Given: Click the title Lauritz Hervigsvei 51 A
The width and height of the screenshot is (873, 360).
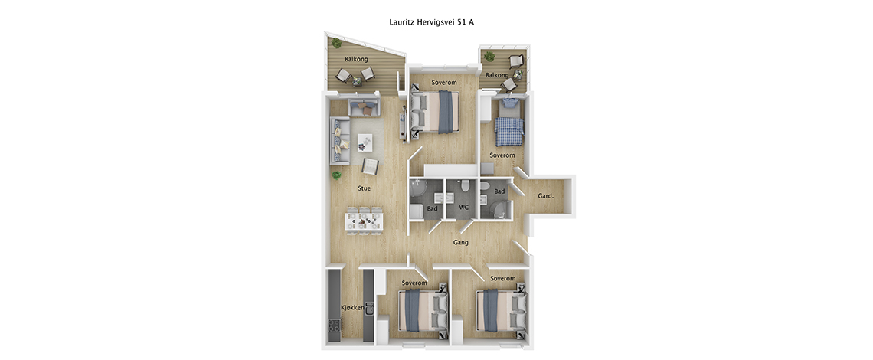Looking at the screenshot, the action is click(x=431, y=22).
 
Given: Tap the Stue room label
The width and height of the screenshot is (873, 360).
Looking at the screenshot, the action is click(x=365, y=188).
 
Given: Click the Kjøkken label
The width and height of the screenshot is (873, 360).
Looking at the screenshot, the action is click(x=352, y=308).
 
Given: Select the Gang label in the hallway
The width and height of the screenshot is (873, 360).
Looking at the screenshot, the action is click(x=460, y=242).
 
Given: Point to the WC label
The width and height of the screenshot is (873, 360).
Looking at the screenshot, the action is click(x=464, y=208).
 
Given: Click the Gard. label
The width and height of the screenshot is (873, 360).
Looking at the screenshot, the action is click(x=545, y=196).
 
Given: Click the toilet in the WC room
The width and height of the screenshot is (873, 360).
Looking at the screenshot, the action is click(x=464, y=185).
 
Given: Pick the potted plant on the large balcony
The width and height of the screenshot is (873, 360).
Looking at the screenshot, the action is click(x=336, y=43).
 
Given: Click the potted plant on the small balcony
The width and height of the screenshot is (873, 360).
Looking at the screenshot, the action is click(x=489, y=56).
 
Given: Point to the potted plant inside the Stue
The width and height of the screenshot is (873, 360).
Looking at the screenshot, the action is click(x=335, y=175).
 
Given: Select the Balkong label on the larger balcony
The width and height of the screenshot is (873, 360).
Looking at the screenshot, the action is click(x=355, y=59).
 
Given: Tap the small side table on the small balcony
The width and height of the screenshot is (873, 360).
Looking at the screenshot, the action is click(x=518, y=74).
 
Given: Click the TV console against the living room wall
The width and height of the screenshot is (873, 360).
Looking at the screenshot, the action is click(x=403, y=123).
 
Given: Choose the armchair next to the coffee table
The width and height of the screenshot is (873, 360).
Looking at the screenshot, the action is click(x=370, y=165).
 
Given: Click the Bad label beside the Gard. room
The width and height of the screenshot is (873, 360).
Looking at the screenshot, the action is click(x=499, y=191).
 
